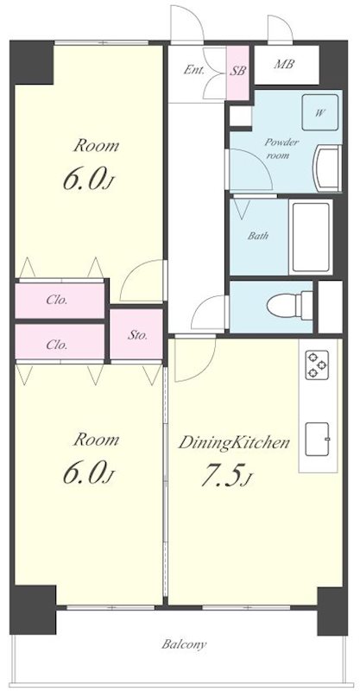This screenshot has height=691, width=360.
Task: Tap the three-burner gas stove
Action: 317,365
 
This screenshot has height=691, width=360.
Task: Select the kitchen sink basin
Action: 318,440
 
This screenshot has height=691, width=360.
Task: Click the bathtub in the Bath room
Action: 311,237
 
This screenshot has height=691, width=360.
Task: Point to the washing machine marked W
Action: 320,112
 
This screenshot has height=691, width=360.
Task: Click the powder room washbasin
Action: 327,168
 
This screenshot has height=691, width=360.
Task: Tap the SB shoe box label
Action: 237,71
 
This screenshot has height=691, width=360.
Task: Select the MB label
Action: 284,64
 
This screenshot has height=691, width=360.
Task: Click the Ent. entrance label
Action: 194,70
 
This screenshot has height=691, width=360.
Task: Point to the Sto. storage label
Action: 137,335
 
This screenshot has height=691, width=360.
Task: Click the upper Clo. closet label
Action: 57,301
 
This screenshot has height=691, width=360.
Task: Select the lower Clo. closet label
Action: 57,345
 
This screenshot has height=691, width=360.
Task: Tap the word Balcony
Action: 184,644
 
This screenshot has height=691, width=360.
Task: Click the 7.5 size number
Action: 221,478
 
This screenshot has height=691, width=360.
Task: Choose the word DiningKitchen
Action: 234,442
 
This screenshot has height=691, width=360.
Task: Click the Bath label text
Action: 258,236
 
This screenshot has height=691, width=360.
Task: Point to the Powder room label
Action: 277,149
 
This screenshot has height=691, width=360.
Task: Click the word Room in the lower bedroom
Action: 96,440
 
